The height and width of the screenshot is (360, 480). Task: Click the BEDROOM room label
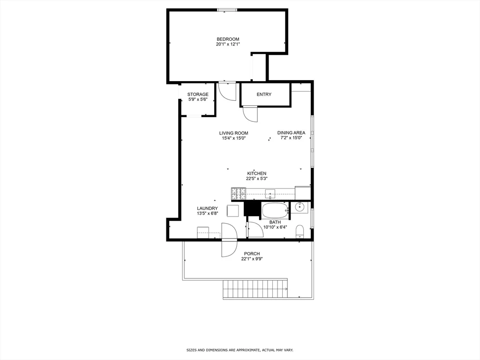tap(228, 39)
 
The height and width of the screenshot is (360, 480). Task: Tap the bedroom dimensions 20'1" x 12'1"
tap(228, 45)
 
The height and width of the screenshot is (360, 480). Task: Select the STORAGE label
tap(198, 94)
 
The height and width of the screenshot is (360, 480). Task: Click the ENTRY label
tap(264, 94)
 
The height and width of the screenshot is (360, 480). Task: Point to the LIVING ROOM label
tap(233, 133)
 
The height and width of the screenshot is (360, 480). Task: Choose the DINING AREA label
tap(291, 133)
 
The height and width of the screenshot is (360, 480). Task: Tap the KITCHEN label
tap(256, 173)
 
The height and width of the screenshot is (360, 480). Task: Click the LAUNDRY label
tap(207, 208)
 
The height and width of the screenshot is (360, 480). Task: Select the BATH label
tap(275, 222)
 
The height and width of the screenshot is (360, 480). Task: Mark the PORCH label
tap(252, 254)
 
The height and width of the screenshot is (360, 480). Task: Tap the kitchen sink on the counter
tap(270, 194)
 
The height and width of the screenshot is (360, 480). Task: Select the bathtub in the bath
tap(275, 210)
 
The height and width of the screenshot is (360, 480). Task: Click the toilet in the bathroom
tap(300, 231)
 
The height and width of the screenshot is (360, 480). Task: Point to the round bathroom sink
tap(299, 207)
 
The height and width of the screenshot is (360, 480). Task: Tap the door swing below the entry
tap(251, 114)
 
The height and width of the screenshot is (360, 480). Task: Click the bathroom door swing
tap(255, 229)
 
